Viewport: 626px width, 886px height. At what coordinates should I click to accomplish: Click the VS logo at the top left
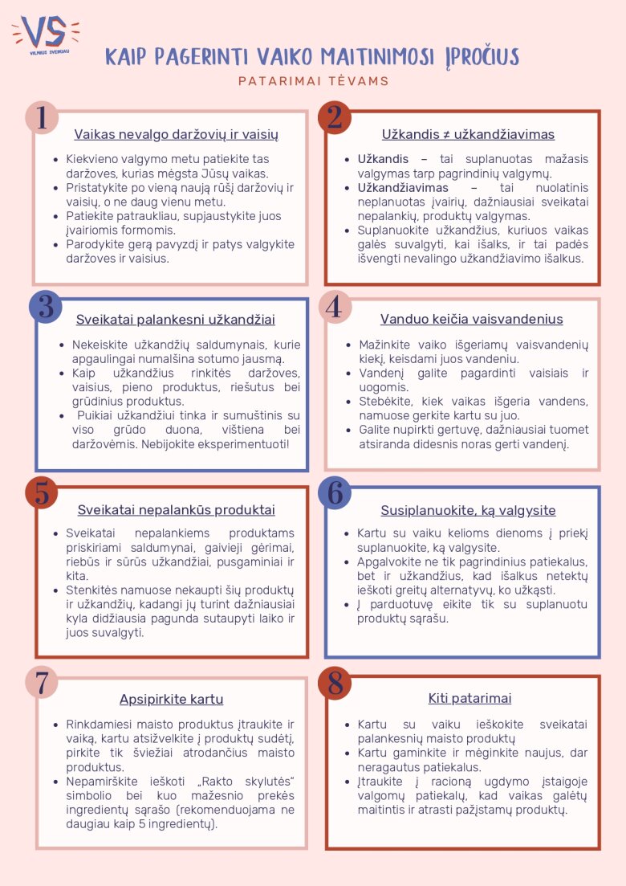pyautogui.click(x=45, y=34)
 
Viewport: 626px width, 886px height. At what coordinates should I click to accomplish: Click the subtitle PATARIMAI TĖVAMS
pyautogui.click(x=313, y=81)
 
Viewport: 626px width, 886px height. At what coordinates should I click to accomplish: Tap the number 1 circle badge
pyautogui.click(x=42, y=118)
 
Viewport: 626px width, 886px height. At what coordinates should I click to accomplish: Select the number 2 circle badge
pyautogui.click(x=335, y=118)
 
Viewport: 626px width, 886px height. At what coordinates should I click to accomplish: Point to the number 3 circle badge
pyautogui.click(x=46, y=307)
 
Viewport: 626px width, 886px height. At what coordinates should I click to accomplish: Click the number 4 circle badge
pyautogui.click(x=335, y=307)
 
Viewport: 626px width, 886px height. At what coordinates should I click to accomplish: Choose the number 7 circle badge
pyautogui.click(x=42, y=682)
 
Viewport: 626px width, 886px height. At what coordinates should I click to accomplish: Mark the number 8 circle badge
pyautogui.click(x=335, y=682)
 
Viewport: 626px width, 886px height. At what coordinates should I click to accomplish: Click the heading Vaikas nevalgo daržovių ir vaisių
pyautogui.click(x=176, y=135)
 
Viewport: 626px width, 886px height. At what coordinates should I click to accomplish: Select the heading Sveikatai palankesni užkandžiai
pyautogui.click(x=176, y=320)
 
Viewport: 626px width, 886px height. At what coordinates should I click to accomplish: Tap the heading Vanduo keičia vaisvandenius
pyautogui.click(x=471, y=320)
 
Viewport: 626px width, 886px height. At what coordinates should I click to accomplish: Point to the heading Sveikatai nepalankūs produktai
pyautogui.click(x=176, y=510)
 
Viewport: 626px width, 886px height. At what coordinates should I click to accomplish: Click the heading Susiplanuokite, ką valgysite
pyautogui.click(x=468, y=511)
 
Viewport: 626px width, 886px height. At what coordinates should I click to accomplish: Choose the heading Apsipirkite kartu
pyautogui.click(x=171, y=699)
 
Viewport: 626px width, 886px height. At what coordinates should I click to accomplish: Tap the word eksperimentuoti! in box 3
pyautogui.click(x=249, y=443)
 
